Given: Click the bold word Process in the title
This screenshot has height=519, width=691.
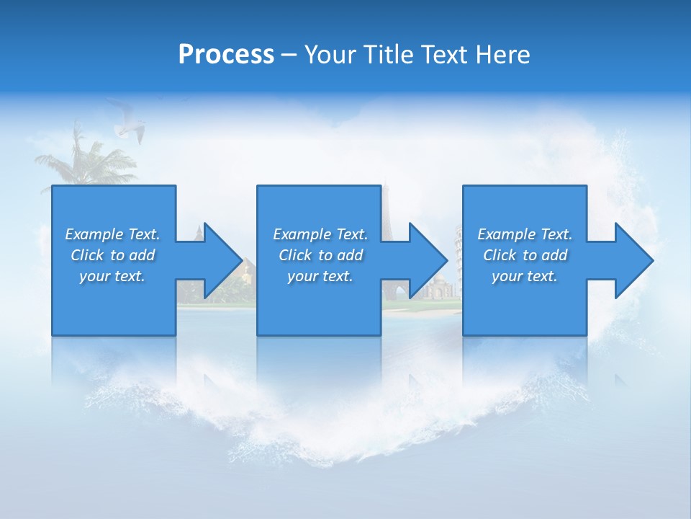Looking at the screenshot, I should (226, 55).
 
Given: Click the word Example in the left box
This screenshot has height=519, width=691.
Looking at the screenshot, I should (94, 234).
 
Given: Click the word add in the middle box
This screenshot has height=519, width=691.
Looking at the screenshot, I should (349, 255).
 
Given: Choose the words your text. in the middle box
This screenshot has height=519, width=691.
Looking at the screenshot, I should (320, 276).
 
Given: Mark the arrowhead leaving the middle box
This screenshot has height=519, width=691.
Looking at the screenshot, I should (428, 260).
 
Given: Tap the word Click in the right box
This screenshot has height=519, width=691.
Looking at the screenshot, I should (500, 255).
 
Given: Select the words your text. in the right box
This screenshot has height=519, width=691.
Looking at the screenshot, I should (524, 276).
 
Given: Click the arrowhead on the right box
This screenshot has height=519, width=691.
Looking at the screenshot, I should (633, 260).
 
